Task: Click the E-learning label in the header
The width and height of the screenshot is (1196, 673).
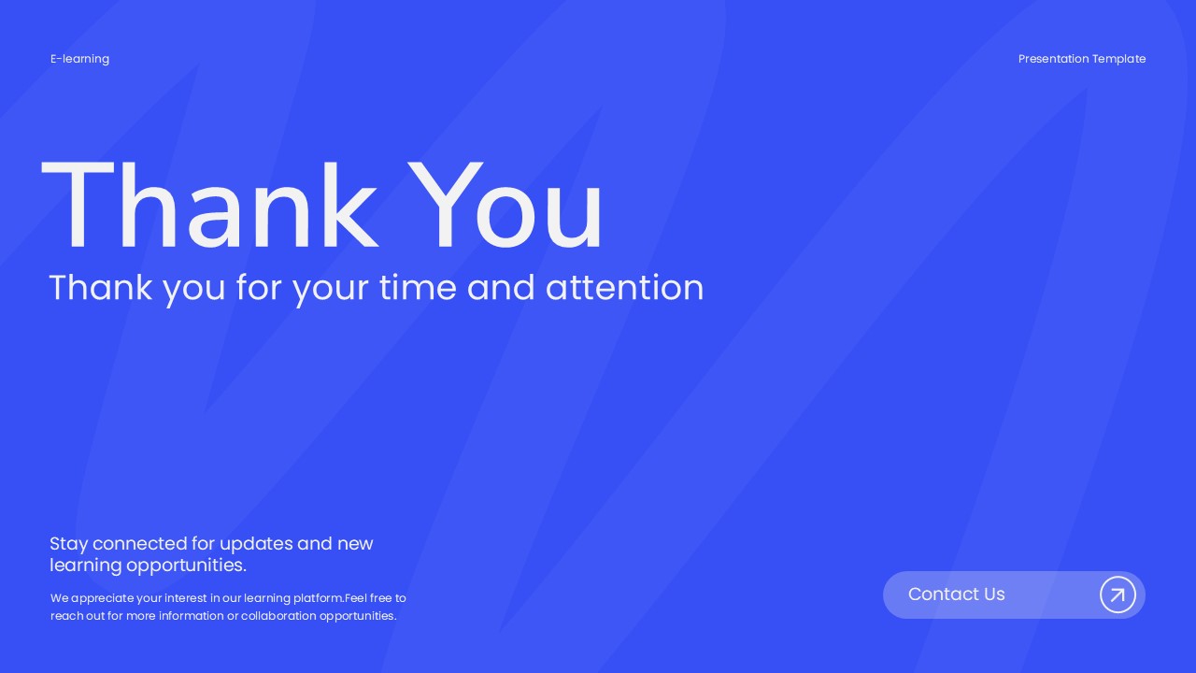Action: click(79, 59)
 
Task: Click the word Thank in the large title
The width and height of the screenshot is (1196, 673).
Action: click(209, 207)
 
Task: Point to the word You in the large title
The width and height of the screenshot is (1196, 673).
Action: click(505, 207)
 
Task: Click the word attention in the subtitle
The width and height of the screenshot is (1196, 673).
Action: click(624, 288)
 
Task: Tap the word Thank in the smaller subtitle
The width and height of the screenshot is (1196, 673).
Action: click(102, 288)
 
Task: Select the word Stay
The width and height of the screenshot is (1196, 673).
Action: click(68, 544)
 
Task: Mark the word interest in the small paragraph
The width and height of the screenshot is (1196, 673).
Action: click(185, 598)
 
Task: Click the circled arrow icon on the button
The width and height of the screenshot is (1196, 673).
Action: click(1118, 594)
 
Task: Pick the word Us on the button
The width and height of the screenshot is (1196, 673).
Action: click(994, 594)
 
